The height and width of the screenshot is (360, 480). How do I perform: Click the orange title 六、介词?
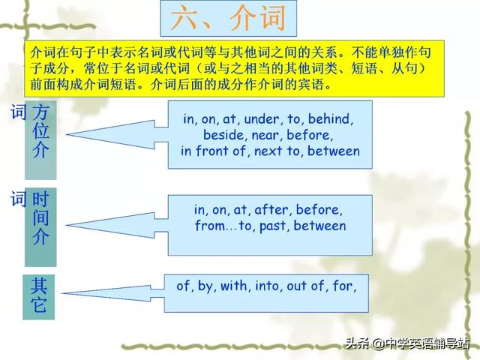point(228,18)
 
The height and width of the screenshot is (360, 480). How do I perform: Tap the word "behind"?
point(329,118)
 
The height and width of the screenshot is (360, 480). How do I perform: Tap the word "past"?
point(272,226)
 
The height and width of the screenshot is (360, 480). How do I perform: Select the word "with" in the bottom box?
point(233,286)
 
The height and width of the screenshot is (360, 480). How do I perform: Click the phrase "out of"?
point(305,286)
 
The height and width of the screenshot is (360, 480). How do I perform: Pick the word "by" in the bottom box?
point(205,286)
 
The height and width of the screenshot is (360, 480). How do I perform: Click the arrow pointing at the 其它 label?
point(112,293)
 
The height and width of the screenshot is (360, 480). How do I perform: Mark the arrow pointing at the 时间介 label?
point(117,225)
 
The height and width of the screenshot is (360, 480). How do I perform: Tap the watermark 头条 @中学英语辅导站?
point(407,343)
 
